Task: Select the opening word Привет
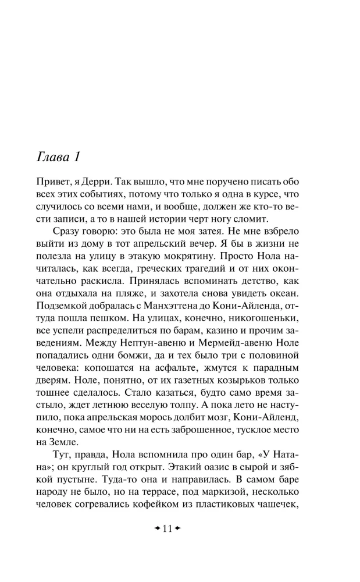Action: tap(53, 180)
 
